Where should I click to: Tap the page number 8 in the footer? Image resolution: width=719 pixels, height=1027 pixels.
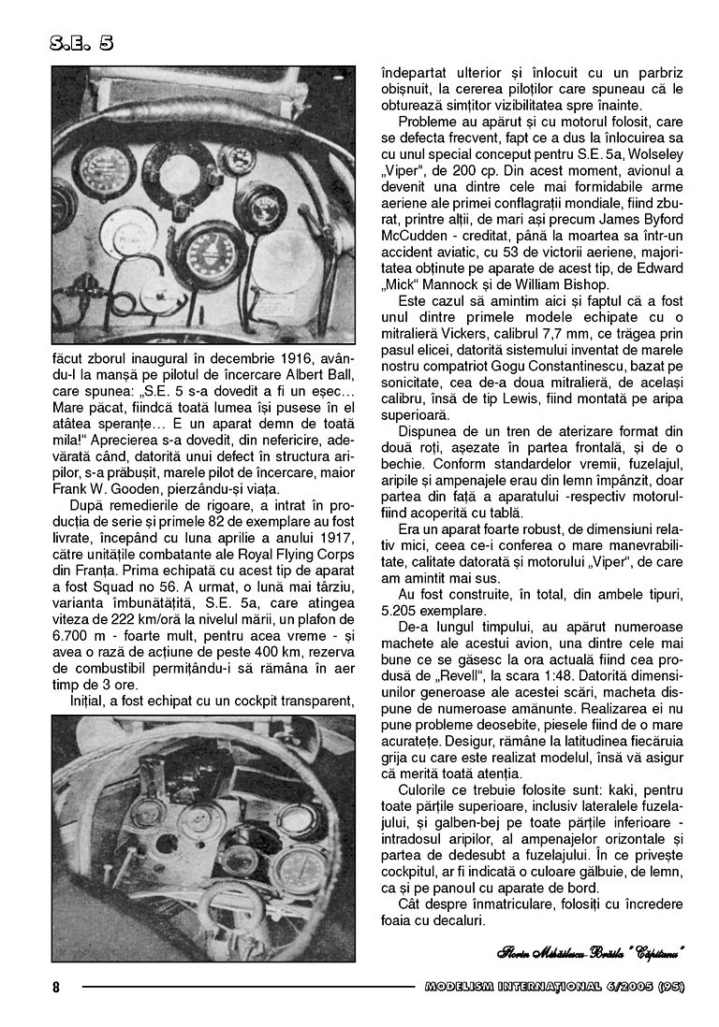[55, 988]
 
